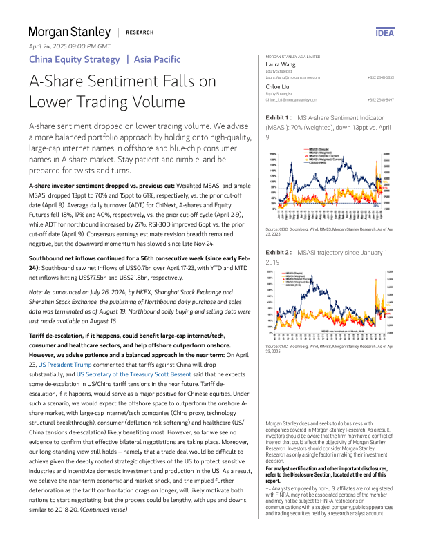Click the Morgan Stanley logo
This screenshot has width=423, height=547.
click(x=69, y=32)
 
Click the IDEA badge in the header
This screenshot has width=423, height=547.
click(x=385, y=32)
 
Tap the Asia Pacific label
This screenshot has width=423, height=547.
click(x=157, y=59)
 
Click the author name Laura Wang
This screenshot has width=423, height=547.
click(x=282, y=64)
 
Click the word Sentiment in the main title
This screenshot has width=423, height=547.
click(x=135, y=81)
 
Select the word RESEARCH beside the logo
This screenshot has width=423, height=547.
click(x=140, y=32)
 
